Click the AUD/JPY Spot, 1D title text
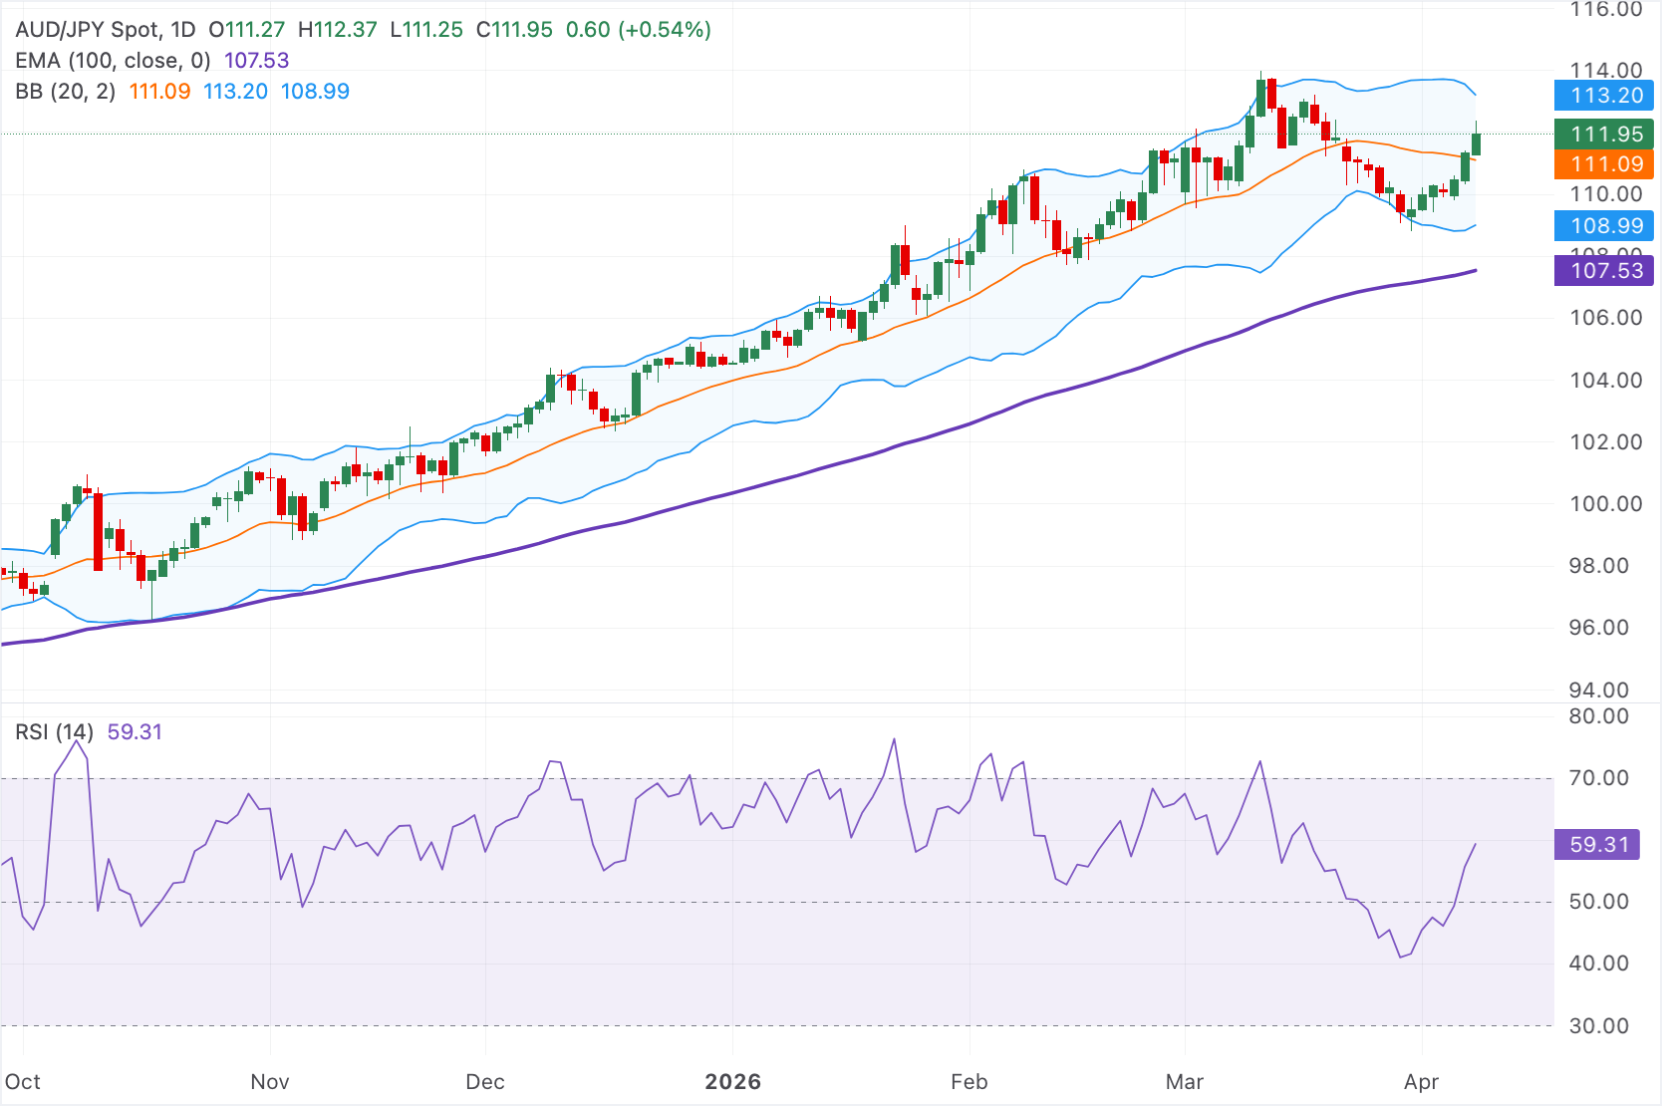tap(105, 30)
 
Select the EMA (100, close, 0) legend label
tap(113, 61)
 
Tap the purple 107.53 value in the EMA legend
tap(256, 61)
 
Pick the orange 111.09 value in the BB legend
tap(159, 92)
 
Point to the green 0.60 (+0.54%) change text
tap(638, 30)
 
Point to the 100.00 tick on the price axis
tap(1605, 504)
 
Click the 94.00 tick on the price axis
tap(1605, 690)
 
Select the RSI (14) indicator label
tap(54, 732)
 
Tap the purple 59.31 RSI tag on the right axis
tap(1598, 845)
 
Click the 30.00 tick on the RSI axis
tap(1598, 1026)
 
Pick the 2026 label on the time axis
tap(732, 1082)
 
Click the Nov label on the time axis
tap(270, 1082)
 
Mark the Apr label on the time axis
tap(1421, 1082)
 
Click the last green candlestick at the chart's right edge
tap(1476, 143)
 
